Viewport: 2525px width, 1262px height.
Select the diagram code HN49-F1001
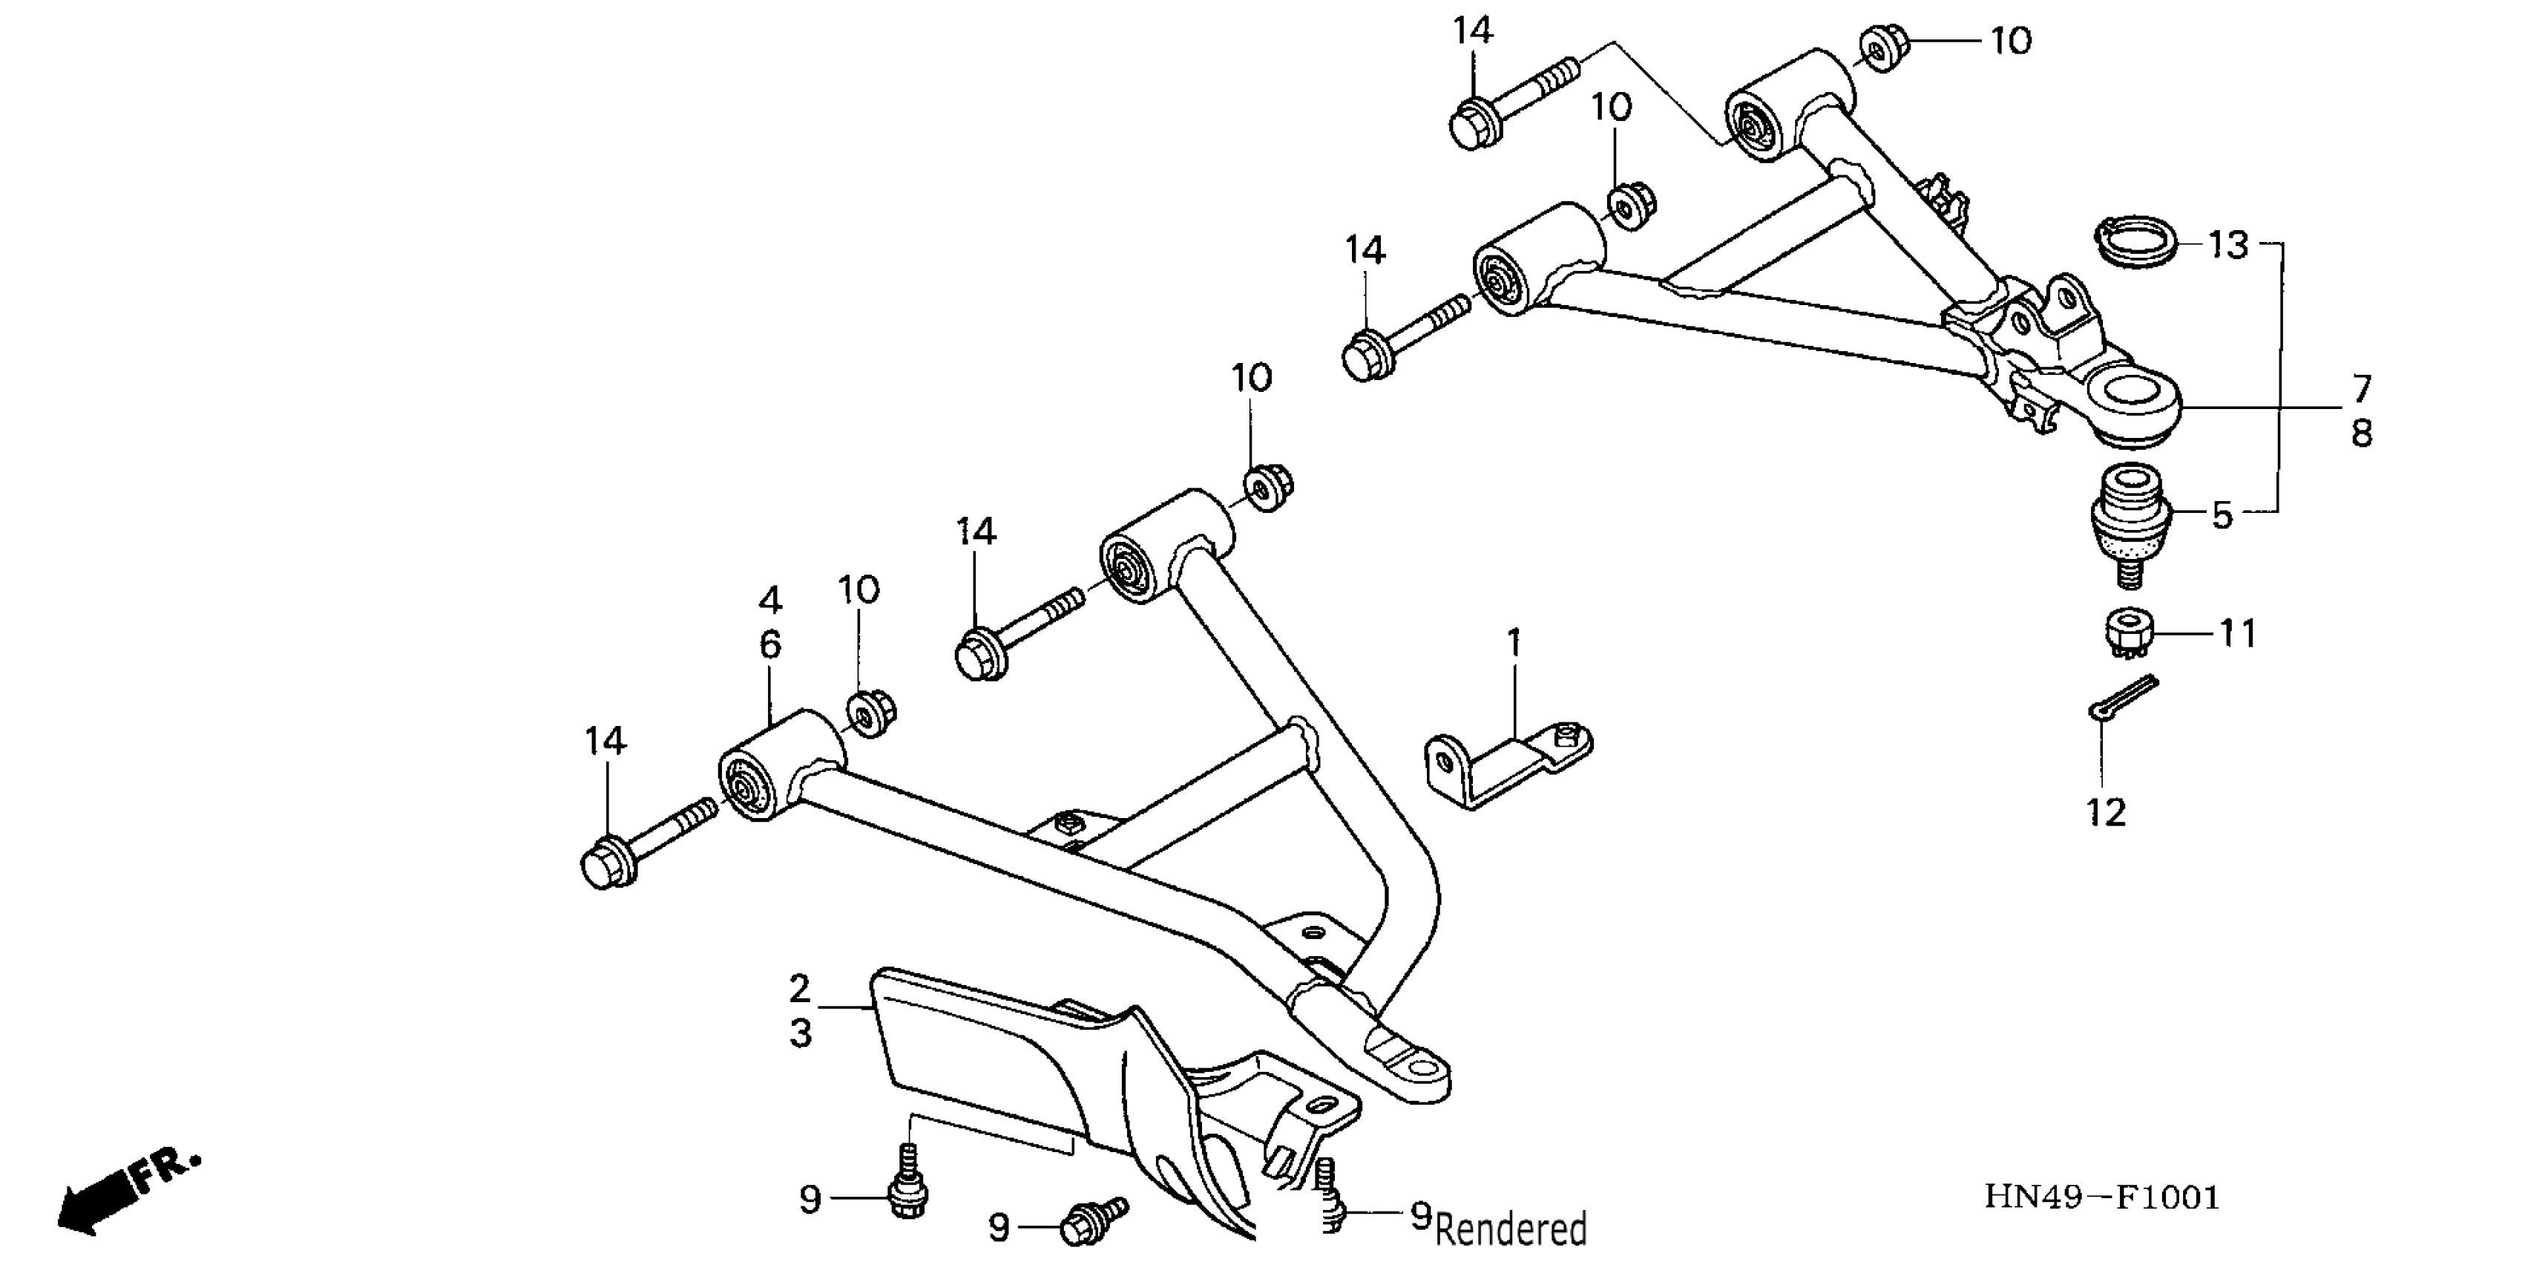click(x=2103, y=1197)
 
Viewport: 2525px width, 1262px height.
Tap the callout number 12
click(x=2107, y=812)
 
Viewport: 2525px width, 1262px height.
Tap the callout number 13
click(x=2228, y=244)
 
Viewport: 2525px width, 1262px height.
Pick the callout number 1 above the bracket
click(x=1514, y=644)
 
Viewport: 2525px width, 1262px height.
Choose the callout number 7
click(x=2361, y=388)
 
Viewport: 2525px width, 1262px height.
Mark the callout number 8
click(x=2361, y=433)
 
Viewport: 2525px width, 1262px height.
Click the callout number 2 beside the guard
click(x=800, y=988)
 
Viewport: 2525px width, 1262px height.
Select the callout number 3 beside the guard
click(x=800, y=1033)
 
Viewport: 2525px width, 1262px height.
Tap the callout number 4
click(x=770, y=599)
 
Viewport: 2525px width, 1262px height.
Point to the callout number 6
click(x=770, y=644)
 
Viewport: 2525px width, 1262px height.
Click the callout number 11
click(x=2238, y=633)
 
